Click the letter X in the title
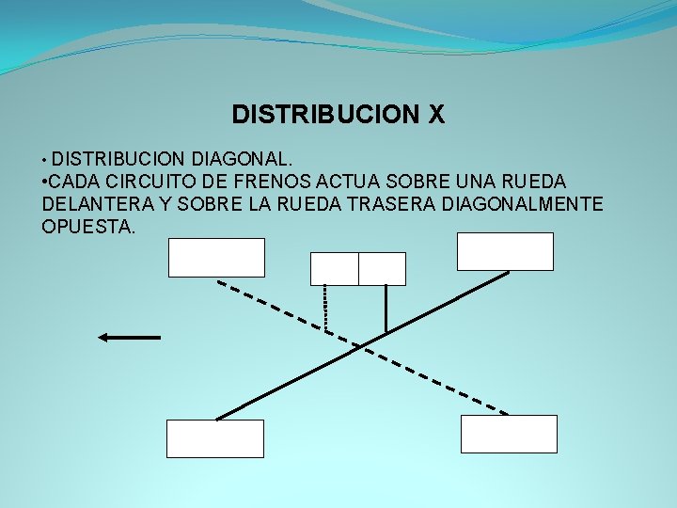[x=435, y=116]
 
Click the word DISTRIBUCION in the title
[x=326, y=116]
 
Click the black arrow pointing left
[x=130, y=337]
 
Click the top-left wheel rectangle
[x=216, y=258]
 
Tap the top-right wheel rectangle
[x=505, y=251]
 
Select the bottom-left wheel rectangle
[x=215, y=438]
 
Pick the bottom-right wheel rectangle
[x=509, y=434]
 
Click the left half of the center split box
[x=335, y=269]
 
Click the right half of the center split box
[x=382, y=269]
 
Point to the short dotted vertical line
[x=325, y=308]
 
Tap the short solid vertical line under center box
[x=386, y=309]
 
